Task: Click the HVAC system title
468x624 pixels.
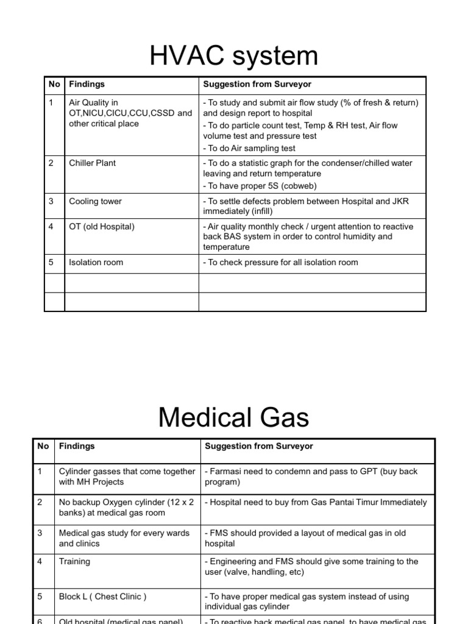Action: [234, 56]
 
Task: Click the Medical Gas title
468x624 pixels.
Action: [234, 418]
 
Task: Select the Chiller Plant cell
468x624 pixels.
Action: [92, 163]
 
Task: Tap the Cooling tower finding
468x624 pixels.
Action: [95, 202]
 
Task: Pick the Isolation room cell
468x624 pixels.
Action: [96, 263]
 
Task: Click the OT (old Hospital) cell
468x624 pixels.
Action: [102, 227]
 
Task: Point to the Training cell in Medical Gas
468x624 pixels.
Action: [74, 561]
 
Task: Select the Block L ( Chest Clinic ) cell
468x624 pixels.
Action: [102, 597]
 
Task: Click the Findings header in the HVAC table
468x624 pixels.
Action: [87, 84]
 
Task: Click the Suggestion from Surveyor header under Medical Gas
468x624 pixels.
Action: [259, 447]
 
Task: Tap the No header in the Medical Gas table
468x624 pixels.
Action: [43, 447]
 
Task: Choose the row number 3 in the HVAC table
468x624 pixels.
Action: [51, 202]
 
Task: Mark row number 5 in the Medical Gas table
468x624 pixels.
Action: [40, 597]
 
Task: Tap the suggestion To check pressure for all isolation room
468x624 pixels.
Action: [280, 263]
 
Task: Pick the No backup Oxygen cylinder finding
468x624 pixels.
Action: [126, 508]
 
